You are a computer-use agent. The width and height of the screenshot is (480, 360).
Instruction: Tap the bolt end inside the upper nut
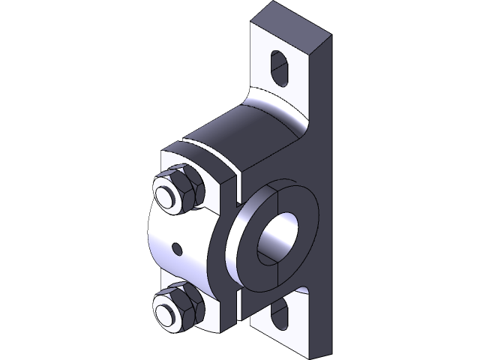point(171,193)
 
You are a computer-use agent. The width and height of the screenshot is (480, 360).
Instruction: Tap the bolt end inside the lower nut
point(168,309)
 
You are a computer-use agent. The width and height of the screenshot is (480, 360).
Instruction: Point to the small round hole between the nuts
point(177,247)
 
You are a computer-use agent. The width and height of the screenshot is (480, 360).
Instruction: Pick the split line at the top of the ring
point(278,192)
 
